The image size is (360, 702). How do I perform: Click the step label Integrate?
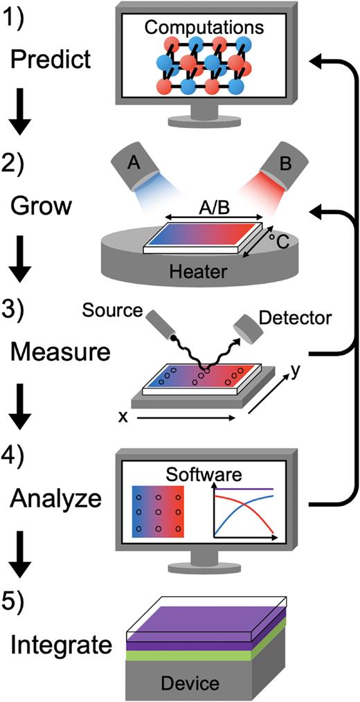coord(62,646)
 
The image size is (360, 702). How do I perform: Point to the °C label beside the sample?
coord(282,240)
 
